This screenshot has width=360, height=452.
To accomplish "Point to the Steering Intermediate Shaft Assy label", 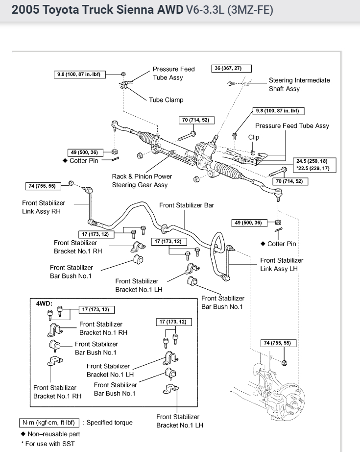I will click(x=299, y=84).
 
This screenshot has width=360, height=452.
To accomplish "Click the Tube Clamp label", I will click(x=166, y=100).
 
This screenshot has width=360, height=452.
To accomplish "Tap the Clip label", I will click(x=254, y=137).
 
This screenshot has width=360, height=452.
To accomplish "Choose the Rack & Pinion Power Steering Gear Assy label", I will click(x=142, y=180).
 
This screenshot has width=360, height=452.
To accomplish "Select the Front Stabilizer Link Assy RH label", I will click(x=44, y=207).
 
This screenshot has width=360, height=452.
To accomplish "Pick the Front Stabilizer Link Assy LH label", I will click(x=282, y=265).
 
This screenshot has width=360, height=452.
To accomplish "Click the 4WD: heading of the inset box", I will click(x=44, y=303).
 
